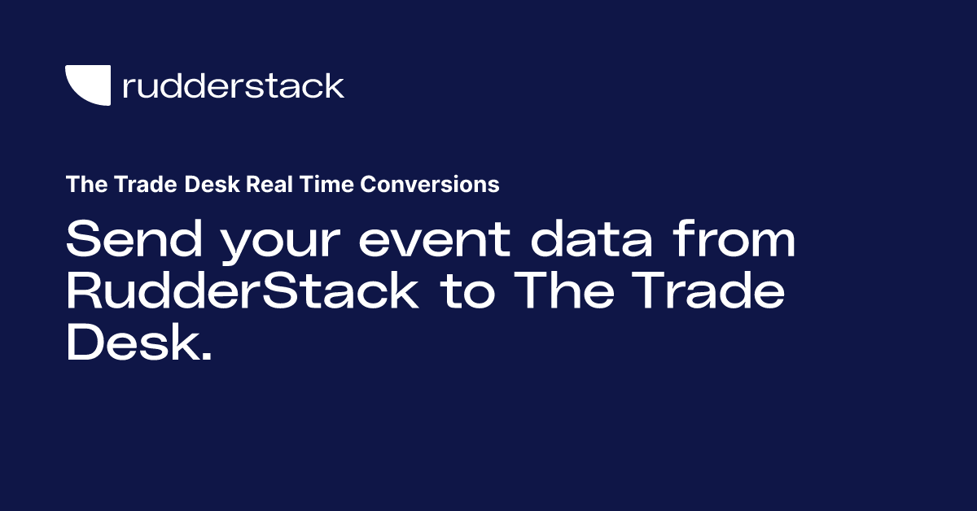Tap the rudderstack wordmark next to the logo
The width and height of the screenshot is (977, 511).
233,85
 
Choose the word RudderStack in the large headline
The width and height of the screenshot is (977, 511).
242,293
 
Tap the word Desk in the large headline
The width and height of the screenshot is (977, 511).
130,345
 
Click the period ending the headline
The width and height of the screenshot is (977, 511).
205,358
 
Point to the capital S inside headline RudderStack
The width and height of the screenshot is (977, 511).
287,293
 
